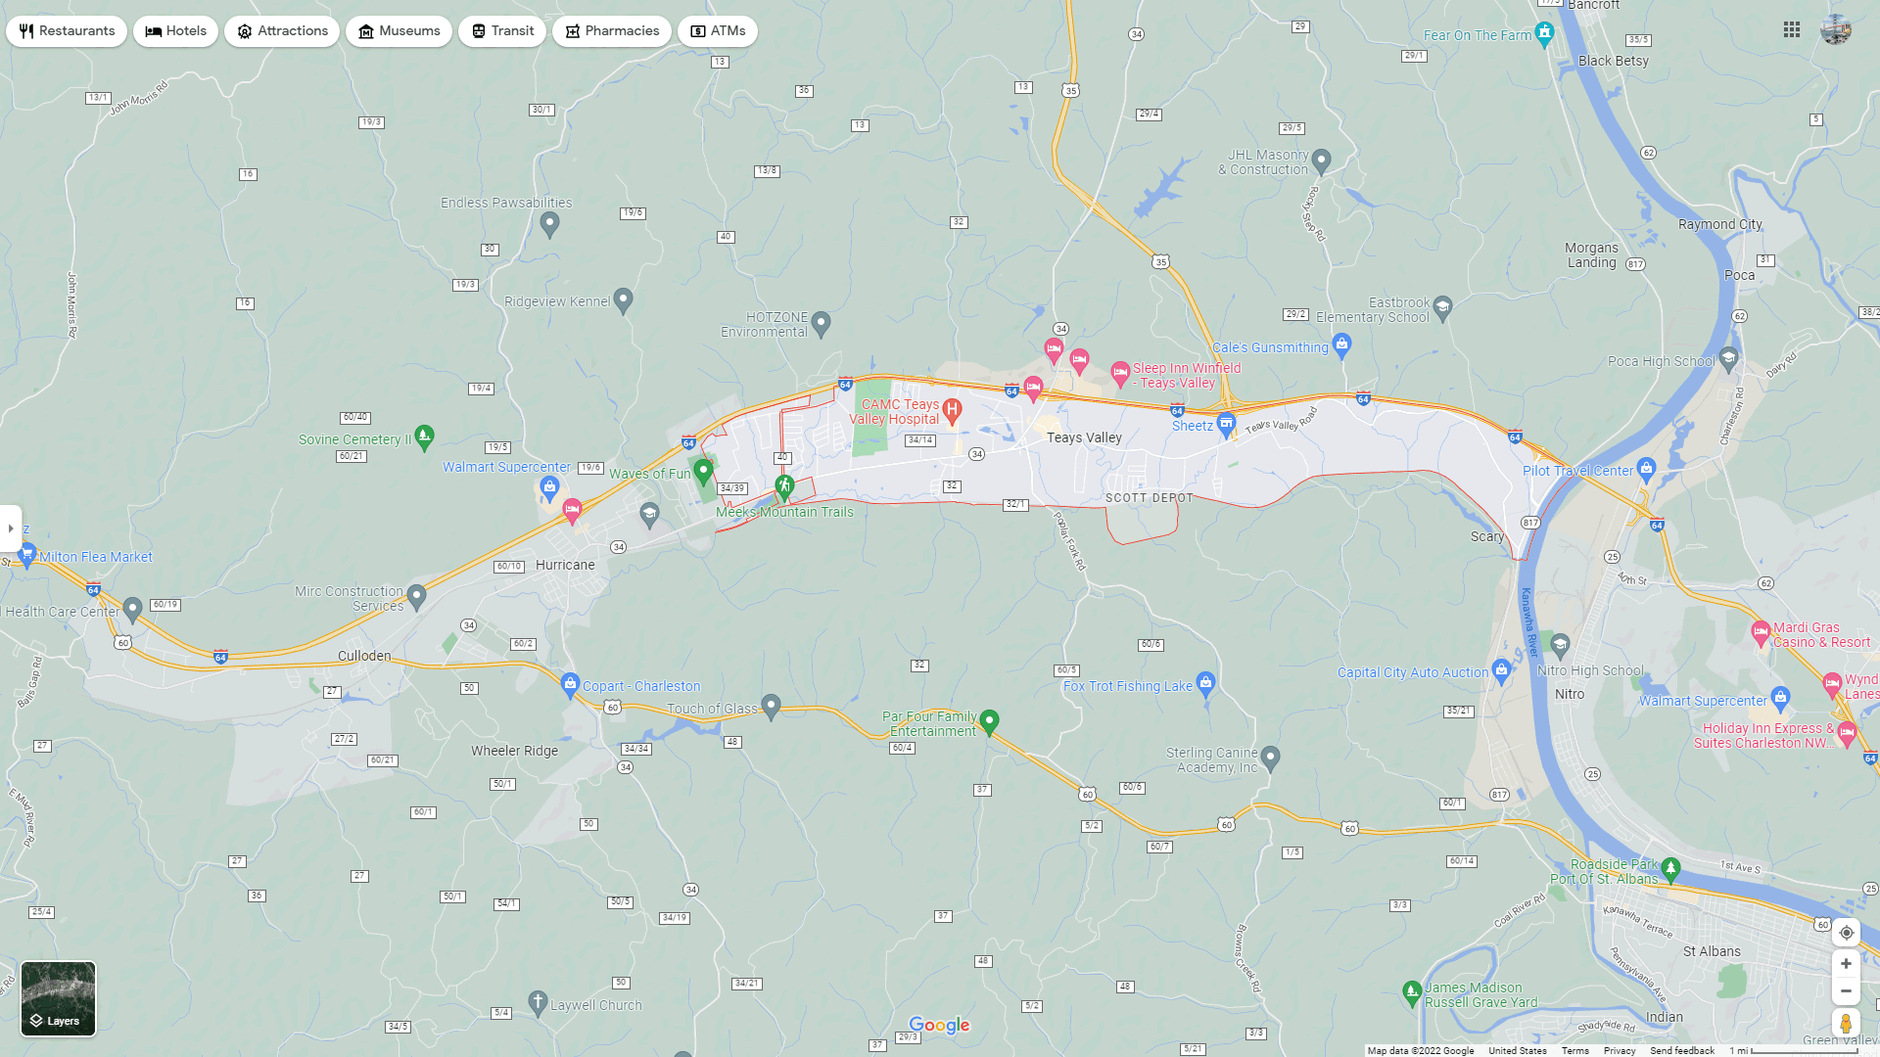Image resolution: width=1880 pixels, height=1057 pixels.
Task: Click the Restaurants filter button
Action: point(67,31)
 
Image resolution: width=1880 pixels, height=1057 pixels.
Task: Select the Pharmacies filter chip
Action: point(612,31)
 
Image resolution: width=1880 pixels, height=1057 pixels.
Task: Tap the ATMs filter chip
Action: point(718,31)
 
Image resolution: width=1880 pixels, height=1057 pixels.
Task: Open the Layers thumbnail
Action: point(59,998)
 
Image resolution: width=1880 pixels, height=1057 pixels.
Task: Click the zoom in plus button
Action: point(1846,964)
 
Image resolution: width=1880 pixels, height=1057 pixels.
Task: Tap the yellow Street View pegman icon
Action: point(1846,1024)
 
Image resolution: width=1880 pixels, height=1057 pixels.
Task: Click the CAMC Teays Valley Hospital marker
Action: point(952,410)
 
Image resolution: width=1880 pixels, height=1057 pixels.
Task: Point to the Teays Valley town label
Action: point(1084,437)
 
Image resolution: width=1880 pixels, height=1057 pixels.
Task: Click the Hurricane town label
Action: point(565,565)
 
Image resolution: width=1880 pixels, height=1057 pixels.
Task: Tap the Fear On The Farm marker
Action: point(1544,33)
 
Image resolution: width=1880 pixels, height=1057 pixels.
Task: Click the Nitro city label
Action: point(1570,694)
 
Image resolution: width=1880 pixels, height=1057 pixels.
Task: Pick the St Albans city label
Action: point(1712,951)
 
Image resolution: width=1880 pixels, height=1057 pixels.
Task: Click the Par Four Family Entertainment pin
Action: point(989,721)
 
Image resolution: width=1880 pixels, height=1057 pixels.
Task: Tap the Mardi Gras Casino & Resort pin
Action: point(1761,631)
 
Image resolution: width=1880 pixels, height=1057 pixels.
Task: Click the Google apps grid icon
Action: point(1792,30)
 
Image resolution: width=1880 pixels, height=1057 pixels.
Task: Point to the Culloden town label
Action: point(364,656)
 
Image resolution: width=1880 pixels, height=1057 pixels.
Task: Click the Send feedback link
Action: point(1681,1051)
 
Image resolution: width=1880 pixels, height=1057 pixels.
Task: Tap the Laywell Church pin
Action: point(538,1001)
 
